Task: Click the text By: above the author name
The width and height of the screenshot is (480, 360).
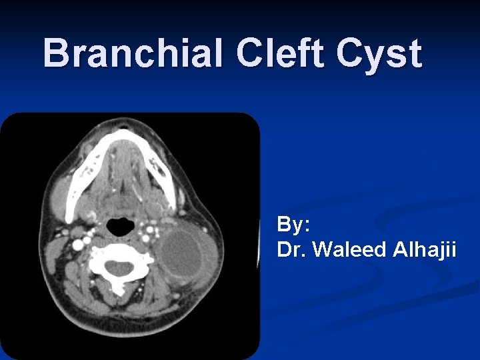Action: [293, 225]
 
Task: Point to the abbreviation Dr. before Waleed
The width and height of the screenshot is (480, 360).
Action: [291, 250]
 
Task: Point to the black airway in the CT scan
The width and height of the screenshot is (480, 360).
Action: [121, 226]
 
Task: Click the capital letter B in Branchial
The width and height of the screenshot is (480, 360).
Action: [55, 53]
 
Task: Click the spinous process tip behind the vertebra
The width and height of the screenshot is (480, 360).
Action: [119, 291]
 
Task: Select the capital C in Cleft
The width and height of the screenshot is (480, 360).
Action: [250, 53]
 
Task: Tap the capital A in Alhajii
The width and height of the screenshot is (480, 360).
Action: [396, 250]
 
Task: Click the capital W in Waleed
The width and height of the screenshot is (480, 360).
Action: [323, 250]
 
